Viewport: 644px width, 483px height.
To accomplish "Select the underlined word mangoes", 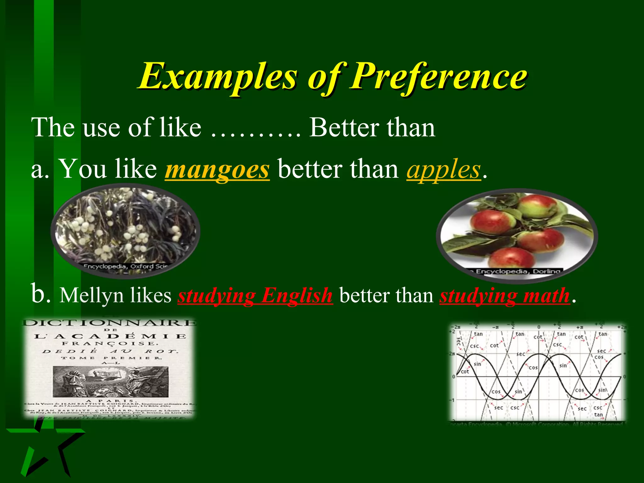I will [217, 169].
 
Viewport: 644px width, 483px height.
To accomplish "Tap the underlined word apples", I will [444, 169].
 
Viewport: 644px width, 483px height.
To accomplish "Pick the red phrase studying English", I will [255, 296].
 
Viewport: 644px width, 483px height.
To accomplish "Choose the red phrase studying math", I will [505, 296].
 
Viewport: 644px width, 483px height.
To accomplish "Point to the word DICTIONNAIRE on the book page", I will [109, 323].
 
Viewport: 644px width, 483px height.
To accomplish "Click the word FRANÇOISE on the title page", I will [108, 343].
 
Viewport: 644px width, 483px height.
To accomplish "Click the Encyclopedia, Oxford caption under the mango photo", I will [126, 266].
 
